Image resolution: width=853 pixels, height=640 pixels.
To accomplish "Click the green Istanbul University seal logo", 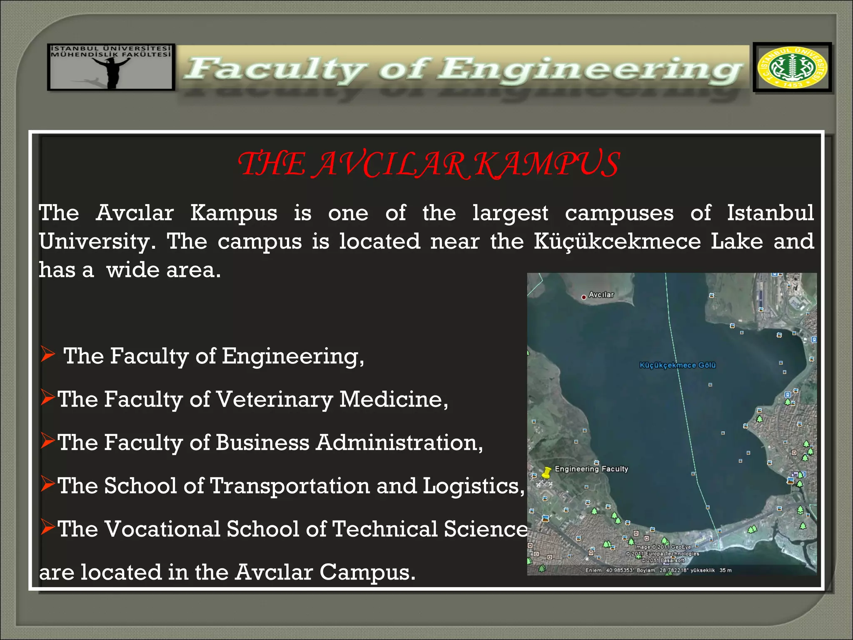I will [x=792, y=67].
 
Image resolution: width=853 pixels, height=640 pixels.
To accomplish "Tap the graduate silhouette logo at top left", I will [x=111, y=67].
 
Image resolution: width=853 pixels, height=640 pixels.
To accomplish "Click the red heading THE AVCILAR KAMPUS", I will [x=429, y=164].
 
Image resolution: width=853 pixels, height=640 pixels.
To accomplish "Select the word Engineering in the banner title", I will [x=589, y=70].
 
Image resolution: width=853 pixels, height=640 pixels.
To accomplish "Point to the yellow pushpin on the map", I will [x=546, y=472].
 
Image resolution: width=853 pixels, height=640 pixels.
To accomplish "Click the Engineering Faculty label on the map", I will [x=591, y=469].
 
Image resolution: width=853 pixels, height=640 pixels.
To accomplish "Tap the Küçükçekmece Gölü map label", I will [x=678, y=365].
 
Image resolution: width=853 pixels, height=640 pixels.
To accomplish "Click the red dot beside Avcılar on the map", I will [x=584, y=297].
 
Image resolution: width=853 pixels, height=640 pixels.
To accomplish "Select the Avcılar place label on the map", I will [x=601, y=295].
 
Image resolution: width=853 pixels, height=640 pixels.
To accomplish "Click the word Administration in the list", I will [x=399, y=442].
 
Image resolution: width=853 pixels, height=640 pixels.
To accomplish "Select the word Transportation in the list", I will [x=290, y=486].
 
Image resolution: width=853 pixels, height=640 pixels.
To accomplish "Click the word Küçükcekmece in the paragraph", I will [x=617, y=242].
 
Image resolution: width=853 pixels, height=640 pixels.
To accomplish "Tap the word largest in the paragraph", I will [x=510, y=213].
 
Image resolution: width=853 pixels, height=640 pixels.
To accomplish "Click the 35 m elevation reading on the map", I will [x=726, y=570].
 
